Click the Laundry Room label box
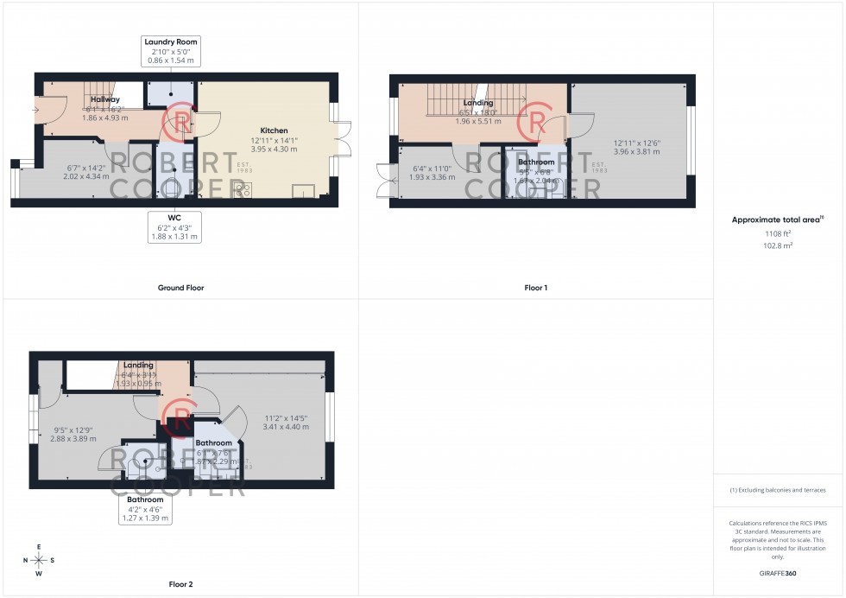coord(170,52)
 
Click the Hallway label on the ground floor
coord(104,99)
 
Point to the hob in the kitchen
coord(243,190)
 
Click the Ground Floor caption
coord(180,288)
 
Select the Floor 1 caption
coord(535,288)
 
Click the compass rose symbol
coord(39,559)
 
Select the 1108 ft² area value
coord(778,233)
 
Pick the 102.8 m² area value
coord(778,245)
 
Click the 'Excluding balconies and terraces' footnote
coord(777,490)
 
